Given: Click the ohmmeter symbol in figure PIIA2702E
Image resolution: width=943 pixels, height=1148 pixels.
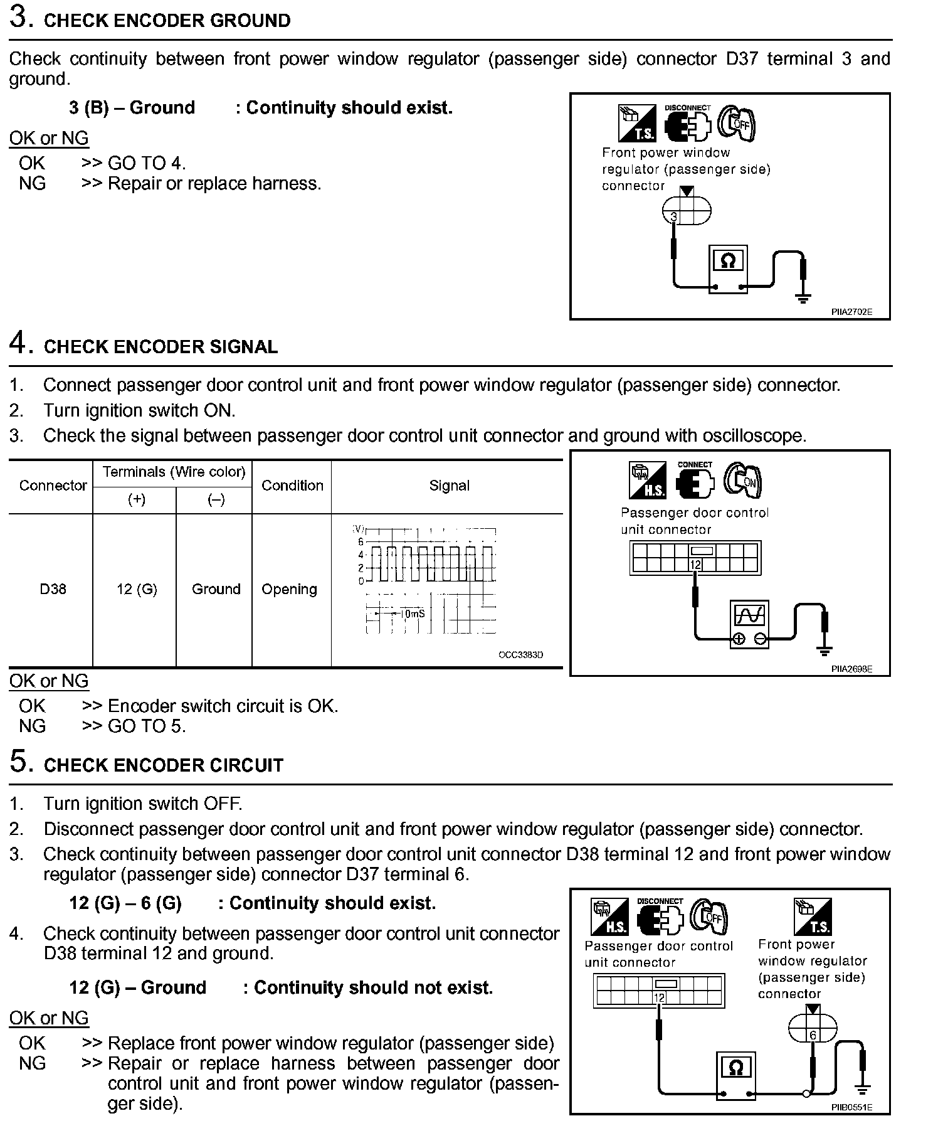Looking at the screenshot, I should pos(727,260).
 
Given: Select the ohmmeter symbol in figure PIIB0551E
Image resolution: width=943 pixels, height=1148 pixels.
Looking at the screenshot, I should pos(737,1067).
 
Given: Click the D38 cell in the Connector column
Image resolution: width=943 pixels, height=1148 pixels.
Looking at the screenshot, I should pos(53,589).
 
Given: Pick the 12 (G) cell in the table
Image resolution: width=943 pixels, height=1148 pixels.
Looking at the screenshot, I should pos(137,589).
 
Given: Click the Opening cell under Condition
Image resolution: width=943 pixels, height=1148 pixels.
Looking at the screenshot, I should pos(289,589).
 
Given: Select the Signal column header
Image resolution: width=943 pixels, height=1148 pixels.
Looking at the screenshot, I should pos(449,486).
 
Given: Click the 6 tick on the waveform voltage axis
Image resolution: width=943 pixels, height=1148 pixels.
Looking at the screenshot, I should pos(361,541).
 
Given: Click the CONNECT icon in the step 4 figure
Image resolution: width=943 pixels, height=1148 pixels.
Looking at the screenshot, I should pos(695,480).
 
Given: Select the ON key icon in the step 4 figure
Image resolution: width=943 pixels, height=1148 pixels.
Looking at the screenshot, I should pos(742,480).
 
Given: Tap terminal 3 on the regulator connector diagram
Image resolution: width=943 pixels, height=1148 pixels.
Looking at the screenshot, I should pos(674,217).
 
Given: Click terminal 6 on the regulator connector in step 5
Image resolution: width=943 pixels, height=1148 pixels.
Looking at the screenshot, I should pos(813,1035).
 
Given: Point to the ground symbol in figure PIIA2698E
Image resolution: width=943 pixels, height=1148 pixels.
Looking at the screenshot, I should pos(825,651).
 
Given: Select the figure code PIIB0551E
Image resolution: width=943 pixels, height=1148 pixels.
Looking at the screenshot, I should pos(851,1107).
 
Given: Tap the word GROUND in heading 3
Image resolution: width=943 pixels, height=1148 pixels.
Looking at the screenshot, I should pos(250,21).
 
